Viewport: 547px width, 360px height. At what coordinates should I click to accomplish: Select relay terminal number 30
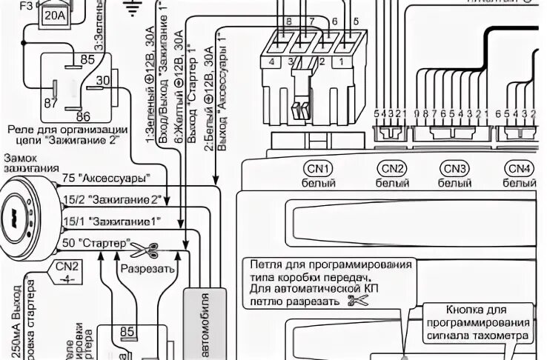point(103,81)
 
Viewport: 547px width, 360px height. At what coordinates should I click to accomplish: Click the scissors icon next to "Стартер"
point(146,247)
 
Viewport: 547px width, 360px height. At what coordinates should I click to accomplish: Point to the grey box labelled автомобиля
point(201,319)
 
